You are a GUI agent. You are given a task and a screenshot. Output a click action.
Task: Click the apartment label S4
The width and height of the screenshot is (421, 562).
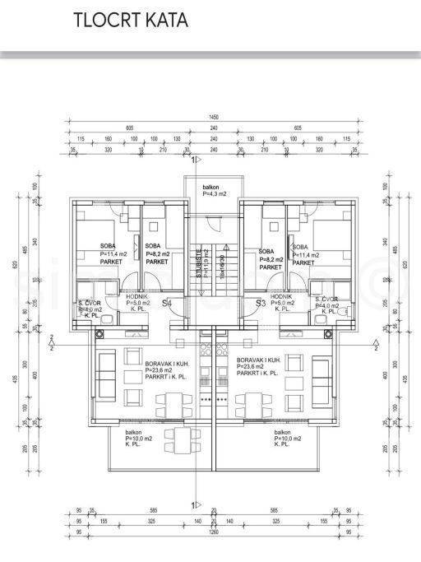(x=190, y=304)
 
